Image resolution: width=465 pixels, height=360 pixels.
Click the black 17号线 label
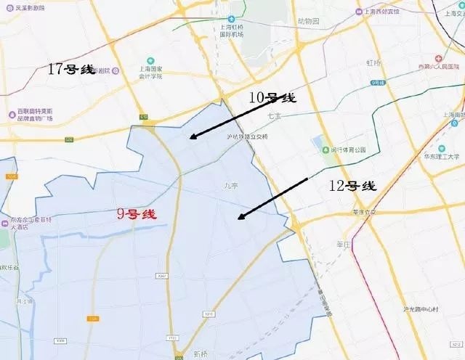(71, 69)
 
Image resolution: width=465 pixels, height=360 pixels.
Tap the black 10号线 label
(270, 98)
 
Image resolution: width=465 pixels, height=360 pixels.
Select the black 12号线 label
(352, 186)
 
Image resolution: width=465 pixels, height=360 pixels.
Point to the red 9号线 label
(137, 214)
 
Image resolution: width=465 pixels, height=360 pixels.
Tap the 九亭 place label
(231, 186)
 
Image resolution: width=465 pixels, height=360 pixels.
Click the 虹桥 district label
(373, 63)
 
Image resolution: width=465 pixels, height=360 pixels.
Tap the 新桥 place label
(201, 354)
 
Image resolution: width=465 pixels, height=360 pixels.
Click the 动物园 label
(308, 21)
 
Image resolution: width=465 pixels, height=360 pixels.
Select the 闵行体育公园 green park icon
(325, 150)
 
